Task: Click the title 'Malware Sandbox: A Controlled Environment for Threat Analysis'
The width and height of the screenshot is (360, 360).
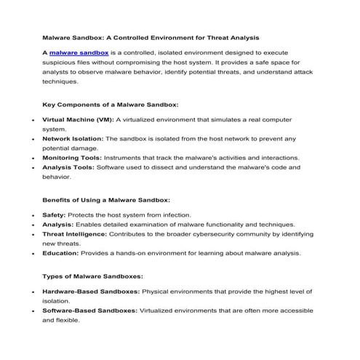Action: click(151, 36)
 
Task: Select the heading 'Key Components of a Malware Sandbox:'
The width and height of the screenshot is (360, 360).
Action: click(111, 104)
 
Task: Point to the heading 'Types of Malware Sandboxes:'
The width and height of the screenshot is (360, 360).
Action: click(92, 276)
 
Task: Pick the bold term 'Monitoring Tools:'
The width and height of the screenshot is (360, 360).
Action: click(72, 157)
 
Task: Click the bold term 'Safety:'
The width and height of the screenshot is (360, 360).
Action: click(55, 215)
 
